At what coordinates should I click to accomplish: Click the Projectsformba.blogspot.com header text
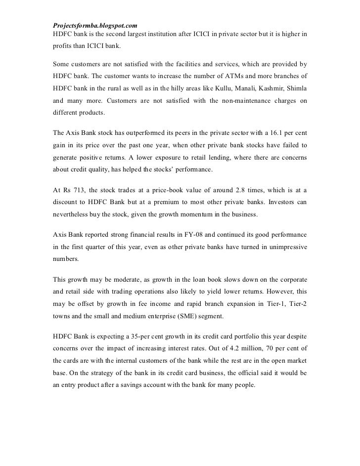coord(94,25)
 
